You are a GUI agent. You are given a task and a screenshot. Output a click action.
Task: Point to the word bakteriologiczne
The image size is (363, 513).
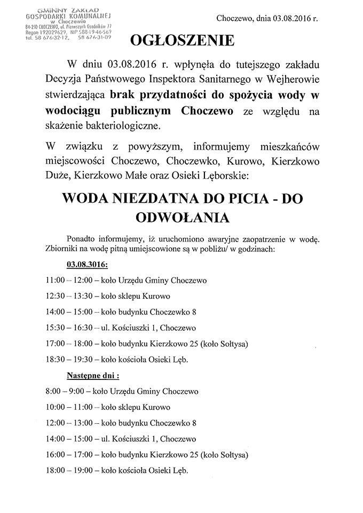128,126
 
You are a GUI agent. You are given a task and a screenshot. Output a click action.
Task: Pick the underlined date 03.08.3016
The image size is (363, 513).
87,265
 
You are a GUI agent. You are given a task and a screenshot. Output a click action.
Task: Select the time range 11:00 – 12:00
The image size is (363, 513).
69,280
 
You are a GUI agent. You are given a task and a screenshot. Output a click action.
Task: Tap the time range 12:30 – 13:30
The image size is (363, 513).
69,296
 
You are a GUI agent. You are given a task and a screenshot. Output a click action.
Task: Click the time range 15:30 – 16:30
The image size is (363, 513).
69,328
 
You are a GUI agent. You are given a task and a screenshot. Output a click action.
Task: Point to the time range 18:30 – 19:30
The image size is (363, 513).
69,359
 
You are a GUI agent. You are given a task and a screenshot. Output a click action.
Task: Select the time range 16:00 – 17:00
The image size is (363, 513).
69,455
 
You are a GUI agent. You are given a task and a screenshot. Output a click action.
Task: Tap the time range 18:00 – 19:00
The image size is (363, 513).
69,470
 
